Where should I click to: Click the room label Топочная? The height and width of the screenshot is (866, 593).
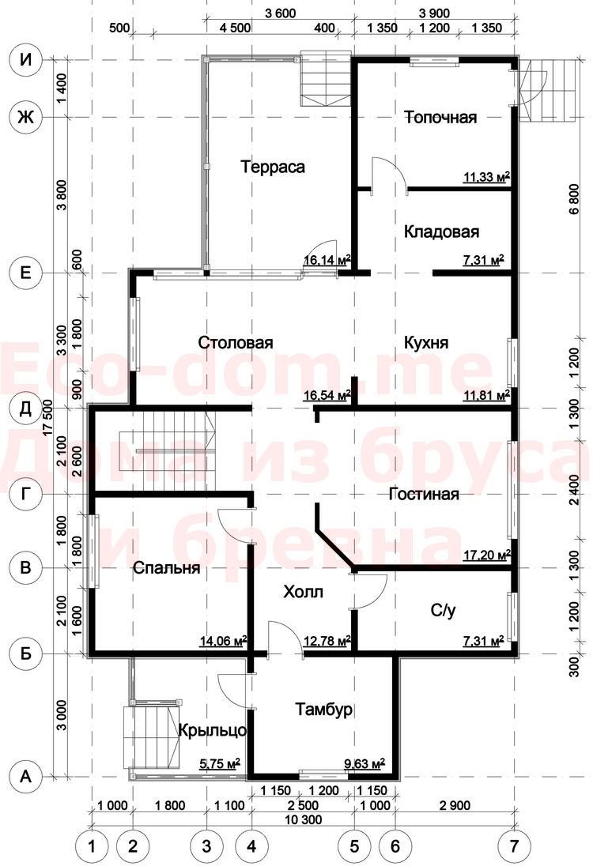click(440, 118)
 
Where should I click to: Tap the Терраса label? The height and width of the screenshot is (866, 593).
click(273, 167)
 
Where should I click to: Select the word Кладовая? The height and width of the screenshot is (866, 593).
click(441, 232)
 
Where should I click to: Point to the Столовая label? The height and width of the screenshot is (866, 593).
click(236, 342)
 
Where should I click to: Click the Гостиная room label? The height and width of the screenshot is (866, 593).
click(424, 494)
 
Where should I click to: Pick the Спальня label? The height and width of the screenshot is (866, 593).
click(166, 568)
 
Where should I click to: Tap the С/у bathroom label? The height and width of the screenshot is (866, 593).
click(444, 610)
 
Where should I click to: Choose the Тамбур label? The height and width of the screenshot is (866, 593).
click(323, 709)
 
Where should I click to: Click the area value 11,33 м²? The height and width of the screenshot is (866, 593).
click(486, 177)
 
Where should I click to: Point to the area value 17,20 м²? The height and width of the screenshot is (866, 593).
click(486, 555)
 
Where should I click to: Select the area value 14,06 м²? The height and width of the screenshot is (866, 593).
click(223, 641)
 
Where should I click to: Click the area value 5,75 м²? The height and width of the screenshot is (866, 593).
click(219, 764)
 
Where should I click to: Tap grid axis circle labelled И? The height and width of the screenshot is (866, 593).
click(25, 59)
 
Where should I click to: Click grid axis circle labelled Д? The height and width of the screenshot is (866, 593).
click(25, 409)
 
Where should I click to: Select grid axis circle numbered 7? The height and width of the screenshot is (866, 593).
click(515, 845)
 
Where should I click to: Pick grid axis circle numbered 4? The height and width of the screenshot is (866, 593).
click(251, 845)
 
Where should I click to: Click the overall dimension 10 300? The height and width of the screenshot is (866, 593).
click(304, 819)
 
